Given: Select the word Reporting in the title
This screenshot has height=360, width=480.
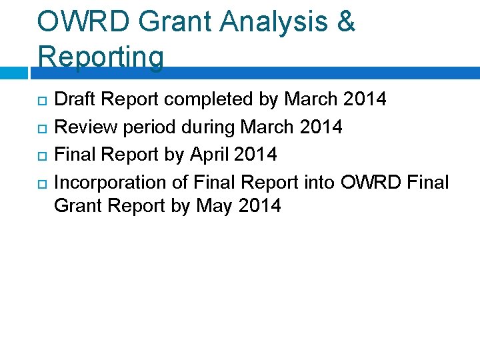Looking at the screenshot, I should [x=101, y=57].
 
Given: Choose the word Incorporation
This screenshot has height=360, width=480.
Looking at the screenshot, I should [x=109, y=182].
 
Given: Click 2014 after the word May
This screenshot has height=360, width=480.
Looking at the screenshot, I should [x=259, y=205].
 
